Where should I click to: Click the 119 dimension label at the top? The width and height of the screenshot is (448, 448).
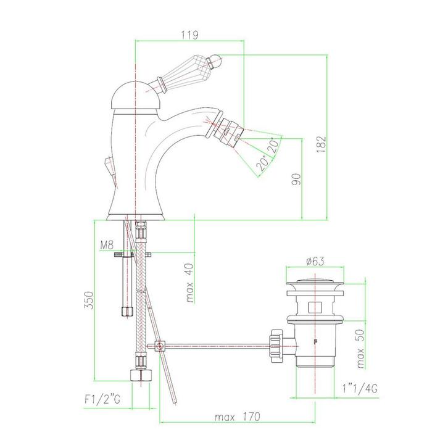pos(189,35)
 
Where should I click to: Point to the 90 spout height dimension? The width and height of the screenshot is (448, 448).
pos(297,180)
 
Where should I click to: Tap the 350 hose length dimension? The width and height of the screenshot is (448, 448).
pos(89,300)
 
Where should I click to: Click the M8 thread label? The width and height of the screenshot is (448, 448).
pos(107,245)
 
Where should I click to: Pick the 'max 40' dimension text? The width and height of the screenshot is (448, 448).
pos(189,283)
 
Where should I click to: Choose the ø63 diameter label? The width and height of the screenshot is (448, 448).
pos(315,261)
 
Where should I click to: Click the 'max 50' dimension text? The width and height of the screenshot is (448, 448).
pos(360,349)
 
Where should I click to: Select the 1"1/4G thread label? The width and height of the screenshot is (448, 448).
pos(360,388)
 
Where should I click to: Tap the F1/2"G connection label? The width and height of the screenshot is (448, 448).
pos(102,399)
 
